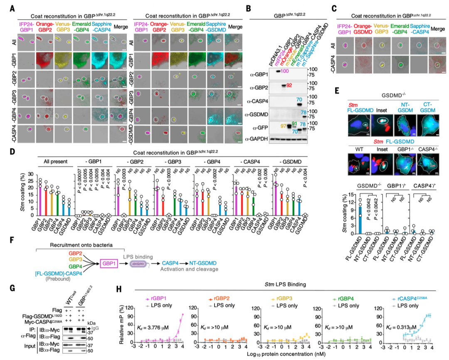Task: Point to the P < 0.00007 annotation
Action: [x=78, y=188]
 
